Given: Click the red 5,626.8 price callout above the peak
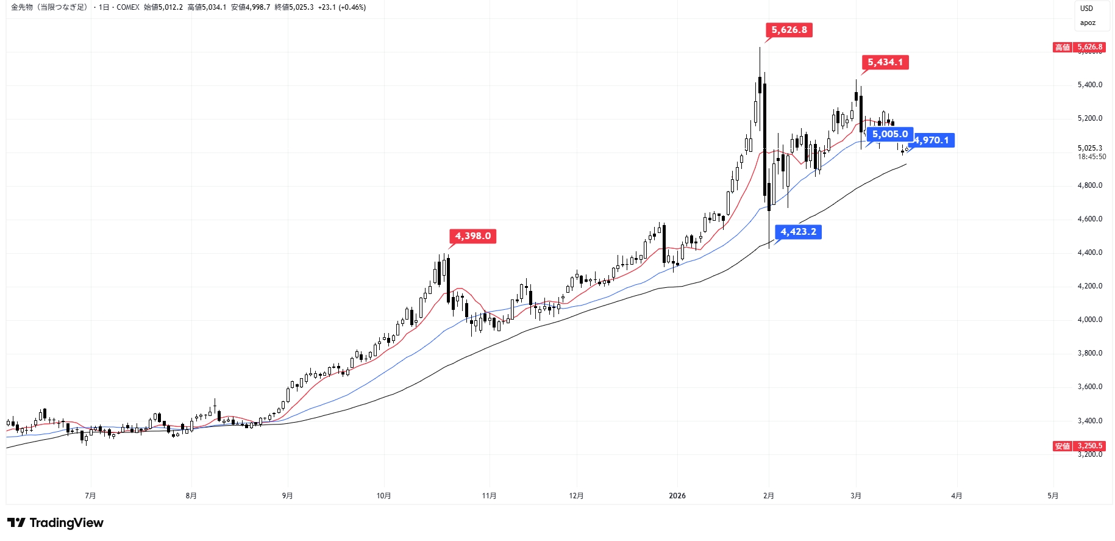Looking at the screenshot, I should click(789, 30).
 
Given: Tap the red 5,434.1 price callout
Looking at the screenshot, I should click(885, 62).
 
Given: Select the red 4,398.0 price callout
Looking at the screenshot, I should click(472, 236).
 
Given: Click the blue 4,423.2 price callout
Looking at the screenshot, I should click(798, 232).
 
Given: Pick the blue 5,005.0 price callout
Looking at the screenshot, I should click(889, 134).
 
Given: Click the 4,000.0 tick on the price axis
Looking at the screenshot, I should click(1089, 320).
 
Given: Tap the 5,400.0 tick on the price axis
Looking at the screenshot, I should click(1089, 85).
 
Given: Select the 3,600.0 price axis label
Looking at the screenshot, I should click(1089, 387).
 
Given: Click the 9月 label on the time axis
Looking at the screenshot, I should click(287, 496).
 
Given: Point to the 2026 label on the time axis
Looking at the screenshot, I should click(677, 496).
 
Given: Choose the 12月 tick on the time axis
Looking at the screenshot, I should click(576, 496).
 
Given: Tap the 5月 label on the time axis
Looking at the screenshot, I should click(1053, 496).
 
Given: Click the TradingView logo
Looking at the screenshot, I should click(55, 523).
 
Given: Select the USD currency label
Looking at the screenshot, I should click(1086, 9).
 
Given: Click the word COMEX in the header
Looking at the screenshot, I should click(128, 7).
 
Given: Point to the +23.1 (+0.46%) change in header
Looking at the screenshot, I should click(342, 7).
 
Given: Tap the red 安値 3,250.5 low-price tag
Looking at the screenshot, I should click(1078, 446).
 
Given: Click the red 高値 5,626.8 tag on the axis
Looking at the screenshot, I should click(1078, 47).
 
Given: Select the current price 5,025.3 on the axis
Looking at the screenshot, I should click(1089, 148).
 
